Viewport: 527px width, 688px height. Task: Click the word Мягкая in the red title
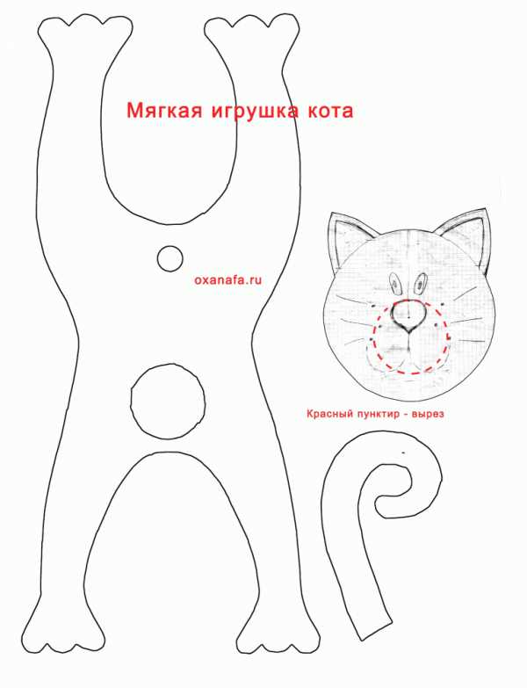point(164,111)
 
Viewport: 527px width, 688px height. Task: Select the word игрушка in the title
point(254,112)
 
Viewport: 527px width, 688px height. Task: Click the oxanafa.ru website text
point(228,279)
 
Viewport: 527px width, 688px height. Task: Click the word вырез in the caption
point(429,414)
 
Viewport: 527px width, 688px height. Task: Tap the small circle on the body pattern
point(170,259)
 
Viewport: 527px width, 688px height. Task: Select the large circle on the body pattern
point(168,401)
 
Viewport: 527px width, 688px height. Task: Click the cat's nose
point(408,315)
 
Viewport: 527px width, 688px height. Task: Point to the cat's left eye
point(395,285)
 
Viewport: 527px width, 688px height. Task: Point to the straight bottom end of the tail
point(374,630)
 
